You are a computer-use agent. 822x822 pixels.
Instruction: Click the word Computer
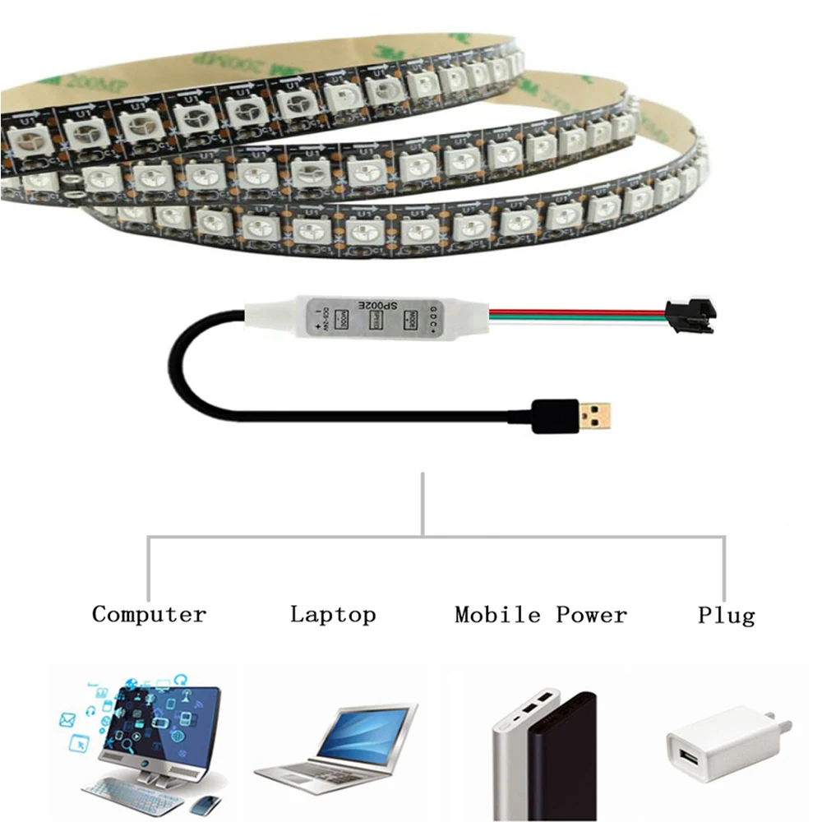pos(149,614)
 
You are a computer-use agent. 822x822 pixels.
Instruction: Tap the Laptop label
pos(333,614)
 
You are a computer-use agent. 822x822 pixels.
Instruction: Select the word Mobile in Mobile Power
pos(497,614)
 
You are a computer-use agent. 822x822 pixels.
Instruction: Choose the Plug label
pos(726,615)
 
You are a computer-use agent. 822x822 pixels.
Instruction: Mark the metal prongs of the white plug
pos(783,727)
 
